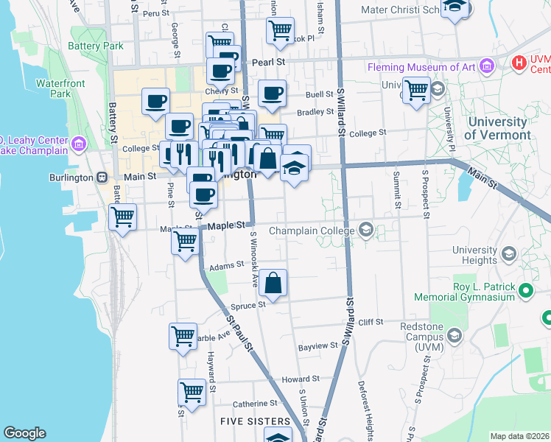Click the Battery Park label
(x=95, y=46)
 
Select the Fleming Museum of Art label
(x=421, y=68)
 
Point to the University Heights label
(x=474, y=255)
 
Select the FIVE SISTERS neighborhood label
(x=255, y=421)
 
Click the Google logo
(x=24, y=433)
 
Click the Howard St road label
(x=299, y=379)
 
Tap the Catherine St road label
(x=255, y=404)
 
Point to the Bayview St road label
(x=317, y=345)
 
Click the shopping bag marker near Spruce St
(x=273, y=284)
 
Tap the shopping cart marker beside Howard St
(x=192, y=392)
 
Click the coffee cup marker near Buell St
(x=272, y=94)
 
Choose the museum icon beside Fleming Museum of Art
(x=486, y=67)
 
